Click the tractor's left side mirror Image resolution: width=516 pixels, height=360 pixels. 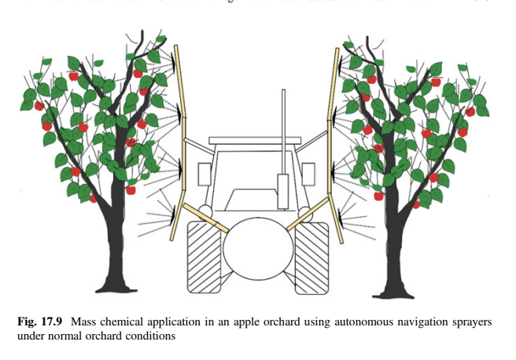coord(204,174)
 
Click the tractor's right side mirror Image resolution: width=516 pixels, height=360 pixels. coord(309,173)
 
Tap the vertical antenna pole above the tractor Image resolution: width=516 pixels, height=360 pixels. coord(282,126)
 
